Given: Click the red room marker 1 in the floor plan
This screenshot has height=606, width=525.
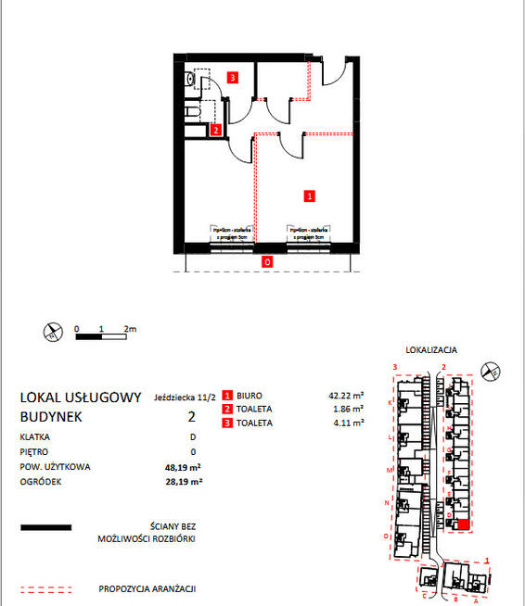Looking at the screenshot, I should tap(310, 196).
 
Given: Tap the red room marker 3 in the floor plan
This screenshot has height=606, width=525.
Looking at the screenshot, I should tap(235, 79).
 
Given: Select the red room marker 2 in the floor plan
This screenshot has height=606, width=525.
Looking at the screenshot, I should tap(215, 131).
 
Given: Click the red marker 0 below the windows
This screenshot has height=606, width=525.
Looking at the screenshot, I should tap(267, 262).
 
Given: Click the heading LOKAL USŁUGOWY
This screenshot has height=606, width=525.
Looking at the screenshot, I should tap(81, 398).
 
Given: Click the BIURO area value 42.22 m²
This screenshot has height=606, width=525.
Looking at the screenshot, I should tap(345, 395).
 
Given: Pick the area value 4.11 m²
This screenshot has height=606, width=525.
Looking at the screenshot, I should tap(348, 423).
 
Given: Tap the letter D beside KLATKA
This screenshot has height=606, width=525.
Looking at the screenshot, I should tap(193, 436).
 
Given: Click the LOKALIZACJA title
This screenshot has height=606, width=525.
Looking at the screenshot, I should tap(432, 350).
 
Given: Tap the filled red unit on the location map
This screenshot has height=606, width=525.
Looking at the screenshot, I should tap(463, 524).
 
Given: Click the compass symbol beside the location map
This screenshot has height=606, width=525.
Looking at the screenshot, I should tap(494, 372).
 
